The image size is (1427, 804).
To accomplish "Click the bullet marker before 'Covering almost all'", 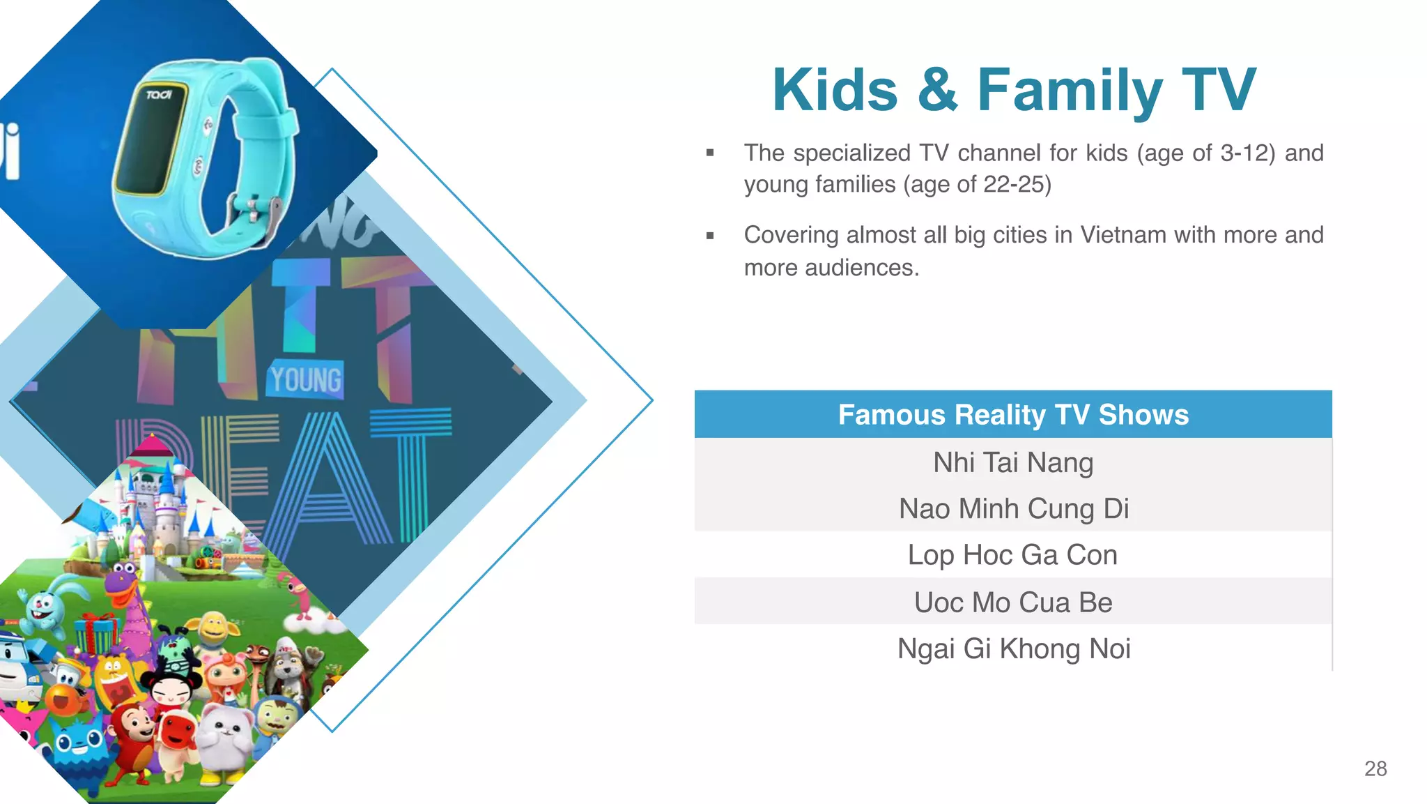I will coord(710,236).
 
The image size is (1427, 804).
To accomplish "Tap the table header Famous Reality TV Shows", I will coord(1013,415).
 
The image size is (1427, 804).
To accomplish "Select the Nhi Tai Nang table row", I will coord(1013,462).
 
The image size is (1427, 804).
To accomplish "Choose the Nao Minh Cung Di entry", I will coord(1013,508).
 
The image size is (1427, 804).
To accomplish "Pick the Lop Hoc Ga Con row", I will coord(1013,555).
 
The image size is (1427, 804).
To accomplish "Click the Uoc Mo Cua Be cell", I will coord(1013,602).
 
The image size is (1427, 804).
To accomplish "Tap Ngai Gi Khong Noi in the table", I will coord(1013,648).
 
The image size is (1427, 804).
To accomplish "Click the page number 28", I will coord(1375,768).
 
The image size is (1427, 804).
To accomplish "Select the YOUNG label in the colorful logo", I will coord(306,380).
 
